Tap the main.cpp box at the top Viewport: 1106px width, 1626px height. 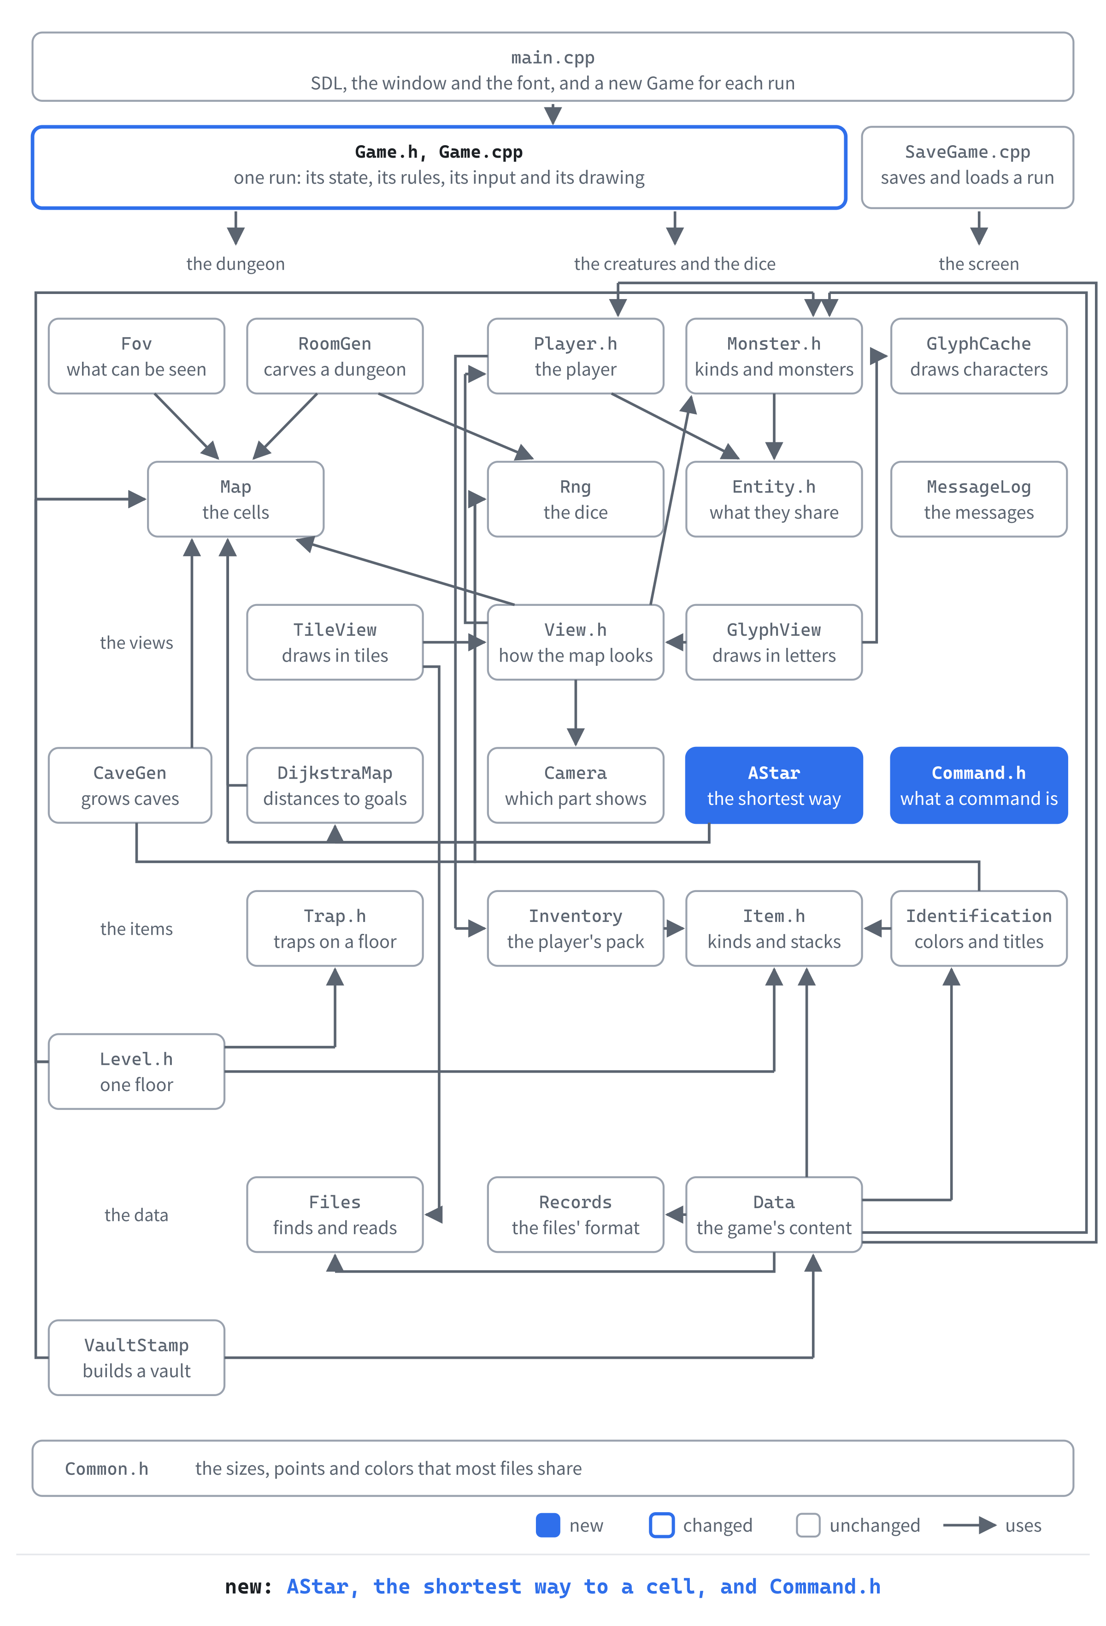(x=552, y=66)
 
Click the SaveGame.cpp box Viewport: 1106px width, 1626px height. (x=967, y=167)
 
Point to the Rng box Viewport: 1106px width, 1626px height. (x=575, y=499)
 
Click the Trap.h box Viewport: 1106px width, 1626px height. (x=335, y=928)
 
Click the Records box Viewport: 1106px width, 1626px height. (x=575, y=1214)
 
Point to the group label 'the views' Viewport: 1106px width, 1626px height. (x=136, y=642)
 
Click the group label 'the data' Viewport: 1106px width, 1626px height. (x=136, y=1215)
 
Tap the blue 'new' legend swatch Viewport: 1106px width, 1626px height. (x=548, y=1525)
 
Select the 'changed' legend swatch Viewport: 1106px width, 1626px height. (x=661, y=1525)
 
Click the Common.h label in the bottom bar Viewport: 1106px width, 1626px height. (x=106, y=1468)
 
